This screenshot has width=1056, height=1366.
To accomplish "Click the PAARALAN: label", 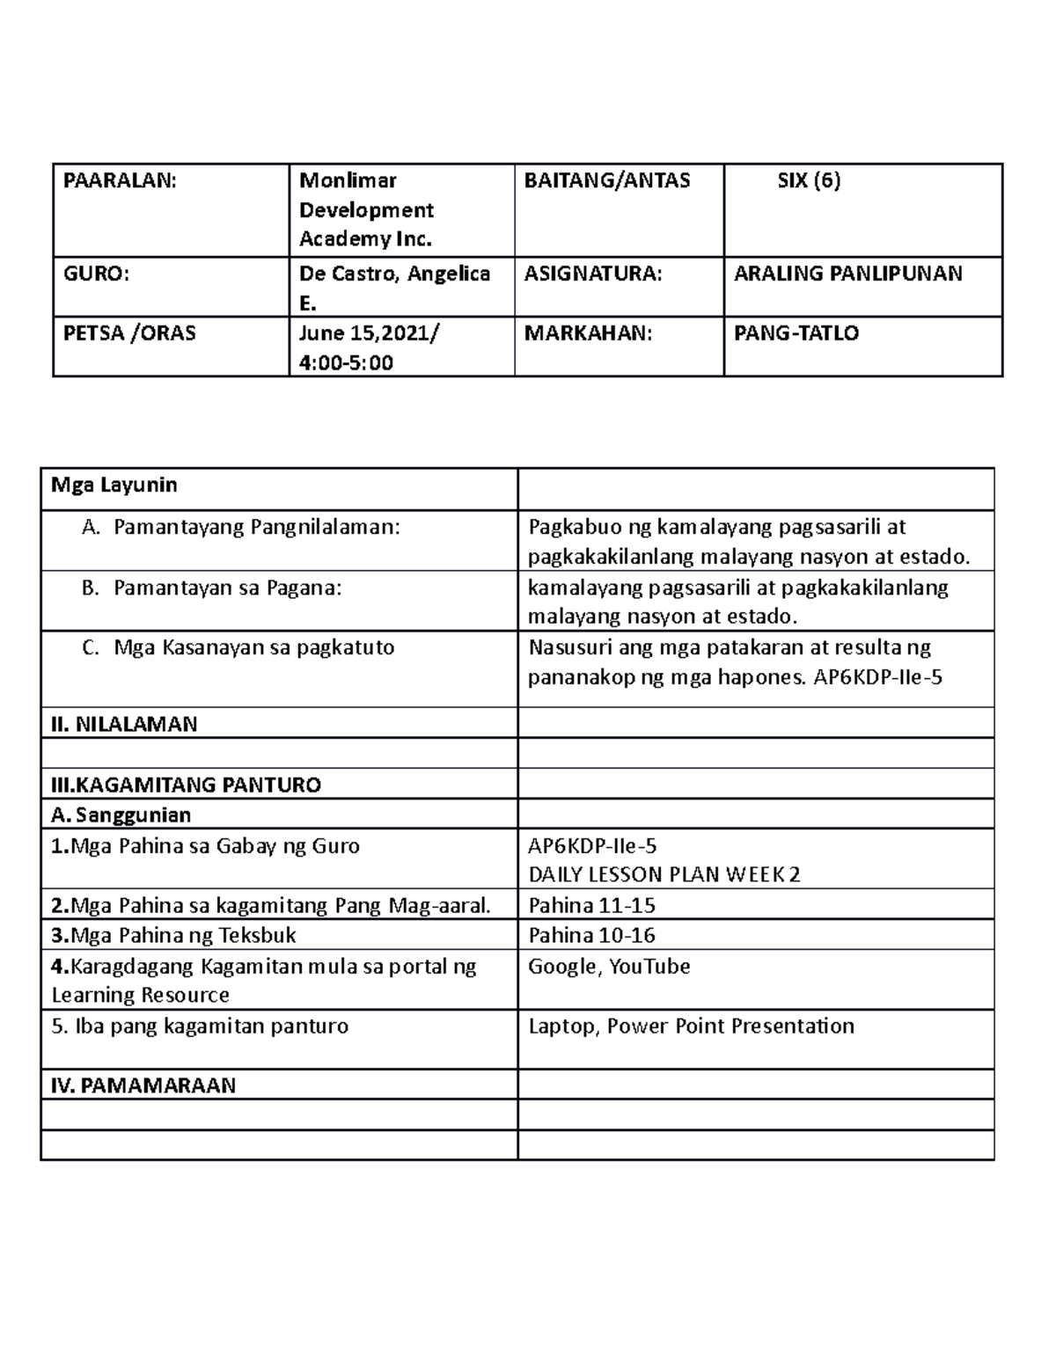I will click(x=120, y=181).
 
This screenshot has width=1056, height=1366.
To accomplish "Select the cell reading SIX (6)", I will click(x=808, y=181).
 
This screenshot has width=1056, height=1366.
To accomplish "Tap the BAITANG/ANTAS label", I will click(x=607, y=181).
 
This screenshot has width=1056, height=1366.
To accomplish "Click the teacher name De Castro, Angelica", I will click(x=394, y=274).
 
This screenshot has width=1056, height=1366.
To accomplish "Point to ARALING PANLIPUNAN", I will click(x=848, y=274).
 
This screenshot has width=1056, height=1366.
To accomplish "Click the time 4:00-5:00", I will click(x=346, y=362).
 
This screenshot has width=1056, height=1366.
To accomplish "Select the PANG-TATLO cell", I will click(x=796, y=333).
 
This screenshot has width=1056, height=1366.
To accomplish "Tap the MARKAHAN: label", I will click(x=588, y=333).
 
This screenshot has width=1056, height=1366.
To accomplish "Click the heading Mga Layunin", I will click(x=114, y=485).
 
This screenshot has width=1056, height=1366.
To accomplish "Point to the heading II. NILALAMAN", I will click(x=124, y=724).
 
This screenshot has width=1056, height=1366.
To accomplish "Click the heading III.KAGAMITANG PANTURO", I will click(x=187, y=785).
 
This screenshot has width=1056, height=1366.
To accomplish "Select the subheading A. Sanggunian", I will click(x=121, y=814).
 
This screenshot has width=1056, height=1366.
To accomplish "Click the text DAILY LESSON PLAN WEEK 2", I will click(x=664, y=874).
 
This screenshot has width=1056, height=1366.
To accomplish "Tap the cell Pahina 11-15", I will click(x=591, y=905).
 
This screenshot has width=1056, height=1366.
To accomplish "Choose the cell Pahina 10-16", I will click(x=591, y=935).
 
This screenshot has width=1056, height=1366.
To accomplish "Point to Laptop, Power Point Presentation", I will click(x=691, y=1026).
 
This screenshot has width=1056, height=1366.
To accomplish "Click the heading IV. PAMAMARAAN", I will click(x=143, y=1085).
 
